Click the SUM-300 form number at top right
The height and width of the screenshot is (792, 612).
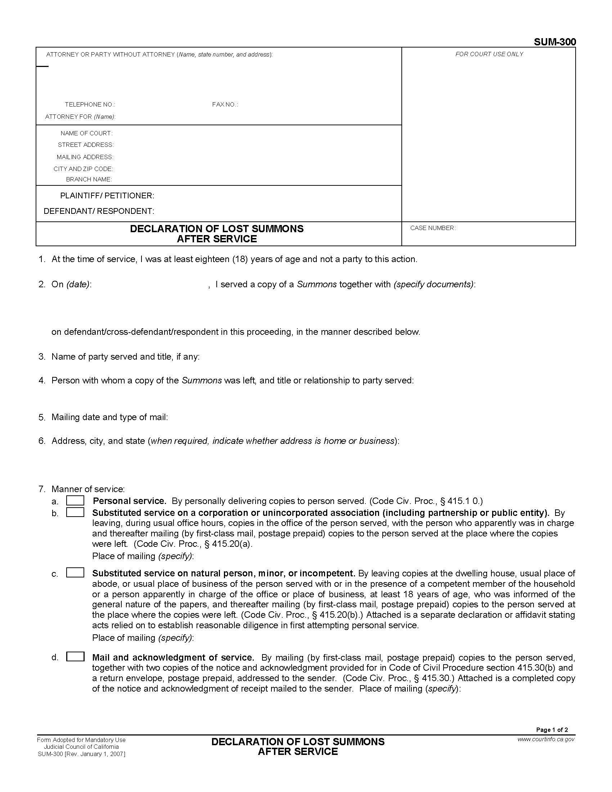(x=554, y=42)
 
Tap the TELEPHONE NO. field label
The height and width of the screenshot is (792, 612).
(x=90, y=105)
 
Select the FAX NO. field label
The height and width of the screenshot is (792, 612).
(x=225, y=105)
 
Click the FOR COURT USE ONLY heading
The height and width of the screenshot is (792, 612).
(x=489, y=54)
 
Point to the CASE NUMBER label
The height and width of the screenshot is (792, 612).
(x=432, y=228)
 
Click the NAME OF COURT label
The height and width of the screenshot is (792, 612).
(x=87, y=134)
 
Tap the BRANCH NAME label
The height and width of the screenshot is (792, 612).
(x=89, y=180)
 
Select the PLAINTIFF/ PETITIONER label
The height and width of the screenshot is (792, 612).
(x=107, y=196)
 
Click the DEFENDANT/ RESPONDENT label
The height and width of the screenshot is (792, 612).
(x=99, y=211)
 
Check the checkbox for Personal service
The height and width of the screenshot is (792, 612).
(x=75, y=501)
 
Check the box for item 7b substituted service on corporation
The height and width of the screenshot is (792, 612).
(x=75, y=512)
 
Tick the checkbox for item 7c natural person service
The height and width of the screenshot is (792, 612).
(x=75, y=573)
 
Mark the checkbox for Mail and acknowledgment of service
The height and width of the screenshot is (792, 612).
(x=75, y=657)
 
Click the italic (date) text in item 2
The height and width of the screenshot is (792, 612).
(x=78, y=284)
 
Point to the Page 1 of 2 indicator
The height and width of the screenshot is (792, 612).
(x=552, y=730)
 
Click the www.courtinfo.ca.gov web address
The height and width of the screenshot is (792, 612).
(x=546, y=739)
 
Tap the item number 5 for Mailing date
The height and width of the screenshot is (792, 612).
(x=41, y=417)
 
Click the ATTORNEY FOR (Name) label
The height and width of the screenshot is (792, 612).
(x=80, y=117)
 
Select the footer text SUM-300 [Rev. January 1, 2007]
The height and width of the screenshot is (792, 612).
(x=81, y=754)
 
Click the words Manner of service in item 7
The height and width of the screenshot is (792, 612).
(x=88, y=489)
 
